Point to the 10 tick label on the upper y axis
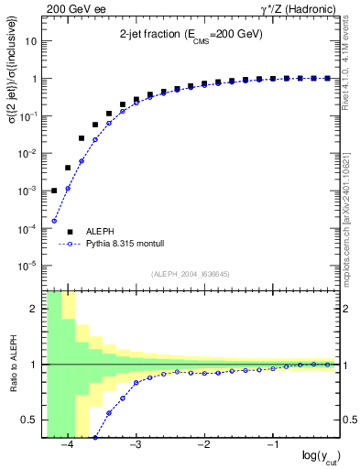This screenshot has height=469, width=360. pos(32,41)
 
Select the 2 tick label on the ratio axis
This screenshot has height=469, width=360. pos(35,309)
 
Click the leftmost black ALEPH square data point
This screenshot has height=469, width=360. pos(54,191)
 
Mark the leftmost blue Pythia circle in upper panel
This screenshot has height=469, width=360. pos(54,221)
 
